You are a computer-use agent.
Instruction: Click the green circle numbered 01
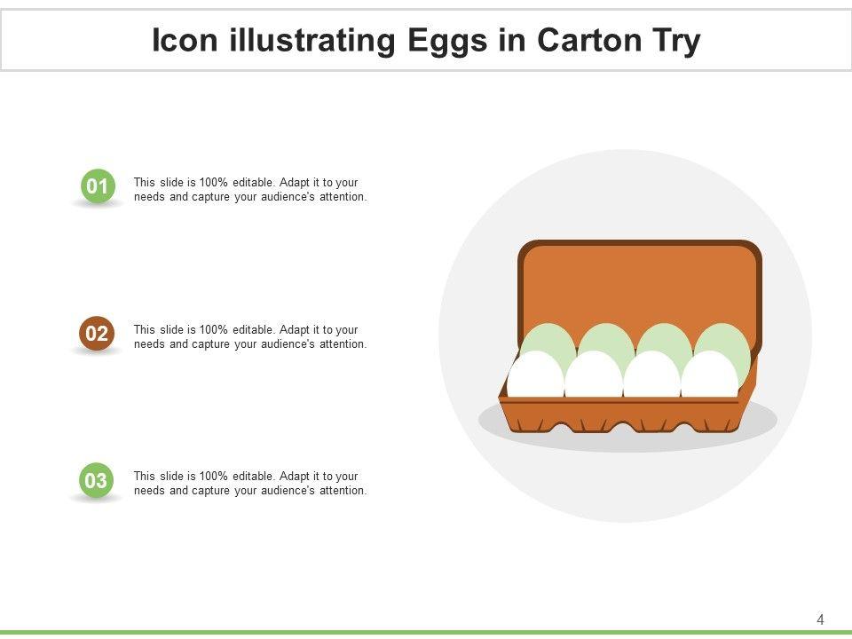(x=98, y=185)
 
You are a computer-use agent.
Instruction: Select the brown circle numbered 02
(x=97, y=333)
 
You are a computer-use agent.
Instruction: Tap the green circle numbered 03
(x=96, y=480)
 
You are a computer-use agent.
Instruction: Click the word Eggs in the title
(x=447, y=42)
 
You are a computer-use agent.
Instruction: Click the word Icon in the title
(x=185, y=40)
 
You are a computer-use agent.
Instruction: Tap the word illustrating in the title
(x=312, y=42)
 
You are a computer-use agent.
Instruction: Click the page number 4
(x=820, y=619)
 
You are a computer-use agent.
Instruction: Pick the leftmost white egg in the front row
(x=535, y=375)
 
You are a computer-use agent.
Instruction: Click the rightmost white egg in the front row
(x=710, y=375)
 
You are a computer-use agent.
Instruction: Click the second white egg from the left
(x=594, y=375)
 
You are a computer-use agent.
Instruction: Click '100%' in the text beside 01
(x=214, y=183)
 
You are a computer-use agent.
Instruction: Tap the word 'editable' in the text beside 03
(x=252, y=476)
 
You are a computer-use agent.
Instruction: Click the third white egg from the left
(x=652, y=375)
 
